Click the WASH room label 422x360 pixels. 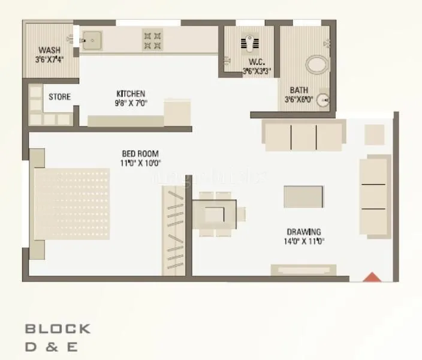[x=49, y=50]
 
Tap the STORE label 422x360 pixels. [x=59, y=97]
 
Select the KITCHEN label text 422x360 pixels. [x=131, y=94]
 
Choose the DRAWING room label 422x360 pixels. [x=303, y=232]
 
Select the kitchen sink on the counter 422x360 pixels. [x=92, y=40]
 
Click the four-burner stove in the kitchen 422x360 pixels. [x=152, y=40]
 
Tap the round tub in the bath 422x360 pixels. [x=315, y=65]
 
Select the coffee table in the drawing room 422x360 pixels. [x=303, y=196]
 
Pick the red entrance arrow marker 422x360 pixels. [x=373, y=277]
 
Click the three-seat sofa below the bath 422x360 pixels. [x=304, y=136]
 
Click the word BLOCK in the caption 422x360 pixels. [x=58, y=329]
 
